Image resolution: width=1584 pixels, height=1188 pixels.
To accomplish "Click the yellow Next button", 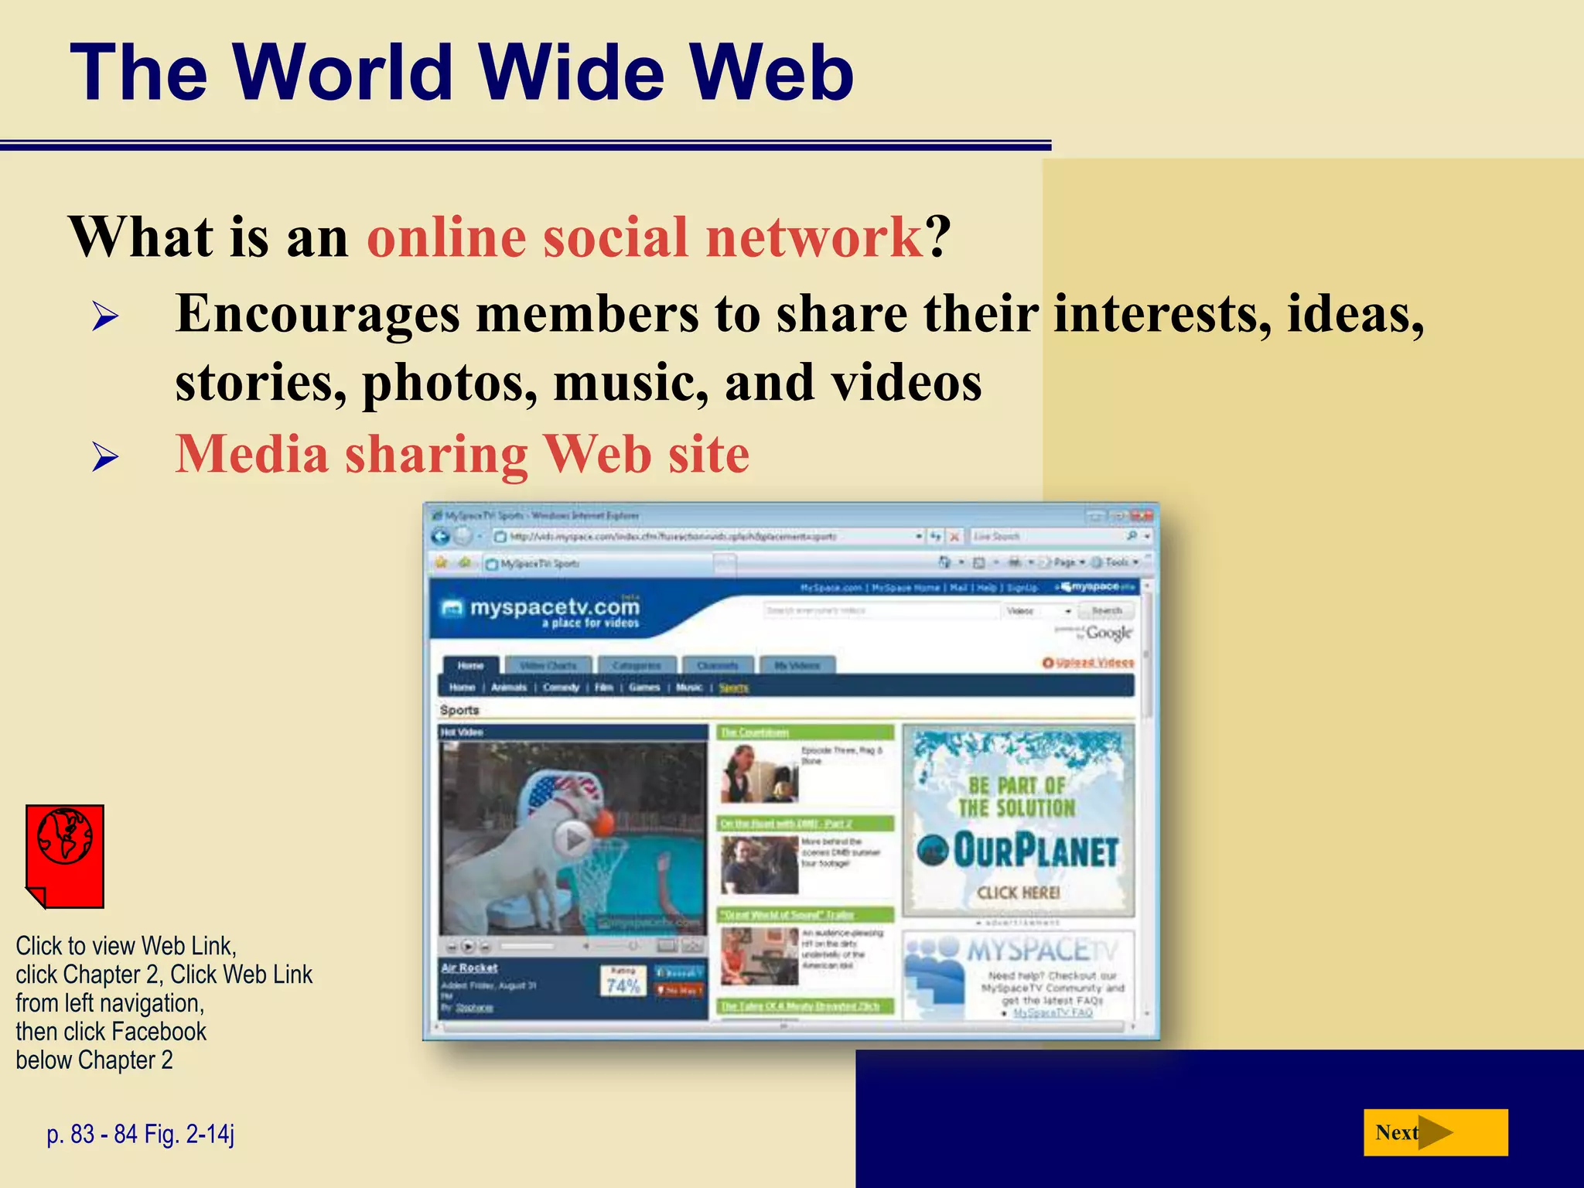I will pyautogui.click(x=1435, y=1132).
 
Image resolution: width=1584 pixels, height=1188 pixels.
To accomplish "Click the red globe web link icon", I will pyautogui.click(x=65, y=855).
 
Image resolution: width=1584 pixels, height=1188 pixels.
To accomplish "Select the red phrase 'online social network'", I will pyautogui.click(x=644, y=237).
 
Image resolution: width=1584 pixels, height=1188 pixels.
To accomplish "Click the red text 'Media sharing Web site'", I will pyautogui.click(x=462, y=454).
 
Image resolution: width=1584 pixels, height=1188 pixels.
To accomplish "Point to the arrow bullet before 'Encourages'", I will pyautogui.click(x=104, y=316).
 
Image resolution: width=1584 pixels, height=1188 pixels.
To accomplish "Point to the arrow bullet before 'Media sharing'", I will pyautogui.click(x=104, y=457).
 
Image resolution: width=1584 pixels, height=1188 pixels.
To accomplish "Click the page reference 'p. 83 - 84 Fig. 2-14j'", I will pyautogui.click(x=140, y=1134).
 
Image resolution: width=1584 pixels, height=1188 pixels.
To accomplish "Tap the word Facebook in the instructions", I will pyautogui.click(x=159, y=1031).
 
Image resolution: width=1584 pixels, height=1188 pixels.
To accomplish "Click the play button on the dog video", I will pyautogui.click(x=573, y=838).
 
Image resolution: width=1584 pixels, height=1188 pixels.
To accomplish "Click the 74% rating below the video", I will pyautogui.click(x=623, y=985).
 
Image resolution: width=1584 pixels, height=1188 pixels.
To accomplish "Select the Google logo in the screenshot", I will pyautogui.click(x=1108, y=633).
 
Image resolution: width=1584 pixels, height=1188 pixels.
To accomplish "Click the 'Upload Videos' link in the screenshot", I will pyautogui.click(x=1094, y=663).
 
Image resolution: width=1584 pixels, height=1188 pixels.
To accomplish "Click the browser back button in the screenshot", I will pyautogui.click(x=441, y=537).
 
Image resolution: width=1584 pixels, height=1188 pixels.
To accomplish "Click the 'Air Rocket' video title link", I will pyautogui.click(x=469, y=968).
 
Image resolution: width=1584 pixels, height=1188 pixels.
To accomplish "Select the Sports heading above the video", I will pyautogui.click(x=459, y=710).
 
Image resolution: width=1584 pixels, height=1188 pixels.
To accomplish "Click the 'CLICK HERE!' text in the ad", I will pyautogui.click(x=1018, y=893).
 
